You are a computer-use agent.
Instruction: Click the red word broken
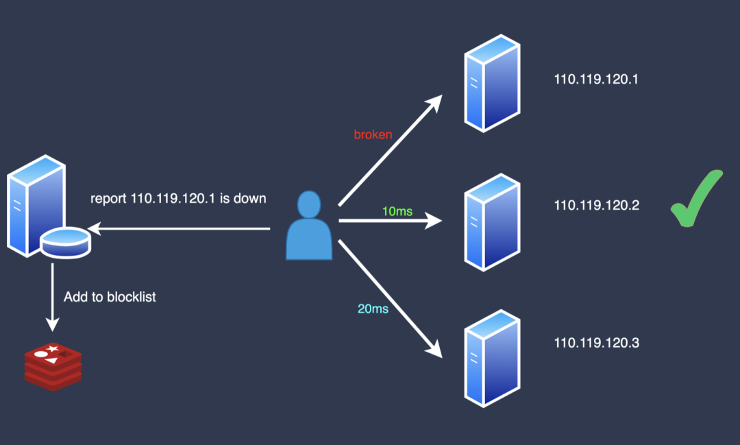coord(373,134)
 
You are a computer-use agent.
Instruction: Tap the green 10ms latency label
coord(397,211)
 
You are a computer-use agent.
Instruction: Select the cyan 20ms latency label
coord(373,309)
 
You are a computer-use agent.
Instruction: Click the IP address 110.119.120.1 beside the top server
coord(595,79)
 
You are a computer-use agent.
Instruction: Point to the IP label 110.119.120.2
coord(597,205)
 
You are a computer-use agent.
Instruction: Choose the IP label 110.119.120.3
coord(597,342)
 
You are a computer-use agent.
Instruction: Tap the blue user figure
coord(309,226)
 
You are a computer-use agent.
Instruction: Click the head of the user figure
coord(309,204)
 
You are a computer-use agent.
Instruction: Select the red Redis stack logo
coord(53,367)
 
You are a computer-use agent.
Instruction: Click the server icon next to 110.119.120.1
coord(492,83)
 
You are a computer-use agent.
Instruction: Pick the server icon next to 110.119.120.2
coord(492,222)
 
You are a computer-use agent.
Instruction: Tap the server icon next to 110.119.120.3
coord(492,359)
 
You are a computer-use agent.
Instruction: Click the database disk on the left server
coord(66,243)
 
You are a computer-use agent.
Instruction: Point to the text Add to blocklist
coord(110,297)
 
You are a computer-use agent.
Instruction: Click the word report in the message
coord(108,199)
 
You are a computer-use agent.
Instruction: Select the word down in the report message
coord(249,198)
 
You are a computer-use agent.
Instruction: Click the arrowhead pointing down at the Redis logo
coord(52,324)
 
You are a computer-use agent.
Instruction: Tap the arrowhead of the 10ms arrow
coord(433,221)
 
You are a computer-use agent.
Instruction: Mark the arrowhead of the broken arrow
coord(435,103)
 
